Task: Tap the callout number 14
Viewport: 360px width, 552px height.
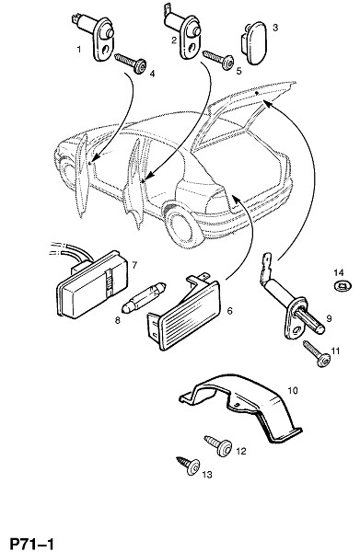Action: coord(339,272)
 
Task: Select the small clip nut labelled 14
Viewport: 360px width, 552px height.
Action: coord(342,285)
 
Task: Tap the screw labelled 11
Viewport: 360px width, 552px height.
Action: coord(317,354)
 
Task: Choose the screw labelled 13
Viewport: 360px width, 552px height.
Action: coord(188,466)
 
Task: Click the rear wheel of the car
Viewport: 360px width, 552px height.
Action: coord(183,228)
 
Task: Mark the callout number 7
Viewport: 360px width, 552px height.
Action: coord(134,265)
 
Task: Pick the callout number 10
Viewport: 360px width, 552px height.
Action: coord(293,390)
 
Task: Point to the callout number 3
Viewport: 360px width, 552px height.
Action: coord(275,27)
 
